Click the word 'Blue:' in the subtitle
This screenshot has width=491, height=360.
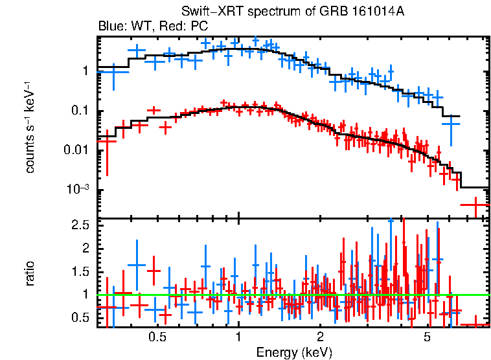coord(111,27)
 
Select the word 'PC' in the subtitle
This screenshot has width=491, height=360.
coord(200,27)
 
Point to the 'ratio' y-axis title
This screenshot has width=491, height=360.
coord(30,273)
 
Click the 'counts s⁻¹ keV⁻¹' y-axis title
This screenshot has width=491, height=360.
coord(30,127)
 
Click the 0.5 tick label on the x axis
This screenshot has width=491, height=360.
coord(156,337)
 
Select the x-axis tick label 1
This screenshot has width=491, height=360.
coord(238,337)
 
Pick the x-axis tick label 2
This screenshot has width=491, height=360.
coord(320,337)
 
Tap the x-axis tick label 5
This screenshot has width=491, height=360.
coord(428,337)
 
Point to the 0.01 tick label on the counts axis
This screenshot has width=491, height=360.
coord(77,150)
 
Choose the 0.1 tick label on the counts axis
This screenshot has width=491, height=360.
coord(80,111)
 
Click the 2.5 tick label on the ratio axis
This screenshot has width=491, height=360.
coord(80,225)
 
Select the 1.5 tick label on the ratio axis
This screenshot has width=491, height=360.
coord(80,271)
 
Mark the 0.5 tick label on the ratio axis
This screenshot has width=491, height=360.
coord(80,317)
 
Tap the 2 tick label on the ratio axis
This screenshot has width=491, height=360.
coord(86,248)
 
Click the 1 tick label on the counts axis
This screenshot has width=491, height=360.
coord(86,71)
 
